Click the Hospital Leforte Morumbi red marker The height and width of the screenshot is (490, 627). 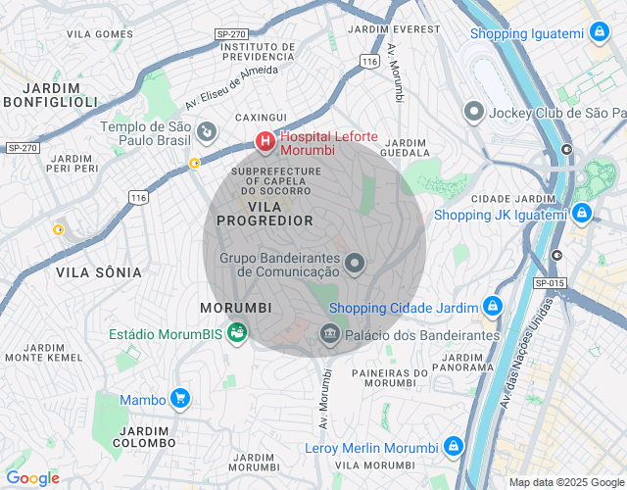point(265,142)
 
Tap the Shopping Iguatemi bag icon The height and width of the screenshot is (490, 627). point(598,33)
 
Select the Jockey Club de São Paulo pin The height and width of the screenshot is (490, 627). point(474,112)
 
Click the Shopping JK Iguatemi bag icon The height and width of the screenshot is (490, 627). point(582,213)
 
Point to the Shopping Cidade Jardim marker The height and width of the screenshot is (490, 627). point(492,308)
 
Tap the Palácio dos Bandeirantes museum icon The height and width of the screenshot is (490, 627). point(329,335)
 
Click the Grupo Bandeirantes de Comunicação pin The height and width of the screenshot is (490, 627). point(355,264)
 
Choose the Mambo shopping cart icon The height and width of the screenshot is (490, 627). point(179,399)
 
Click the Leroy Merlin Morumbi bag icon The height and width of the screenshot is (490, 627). point(453,447)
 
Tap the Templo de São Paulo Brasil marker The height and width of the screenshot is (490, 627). point(207,129)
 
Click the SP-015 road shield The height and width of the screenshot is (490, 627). point(551,283)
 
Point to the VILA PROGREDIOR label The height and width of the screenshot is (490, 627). point(265,215)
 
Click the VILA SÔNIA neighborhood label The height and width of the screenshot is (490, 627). point(98,271)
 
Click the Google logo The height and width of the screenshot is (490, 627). point(32,478)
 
